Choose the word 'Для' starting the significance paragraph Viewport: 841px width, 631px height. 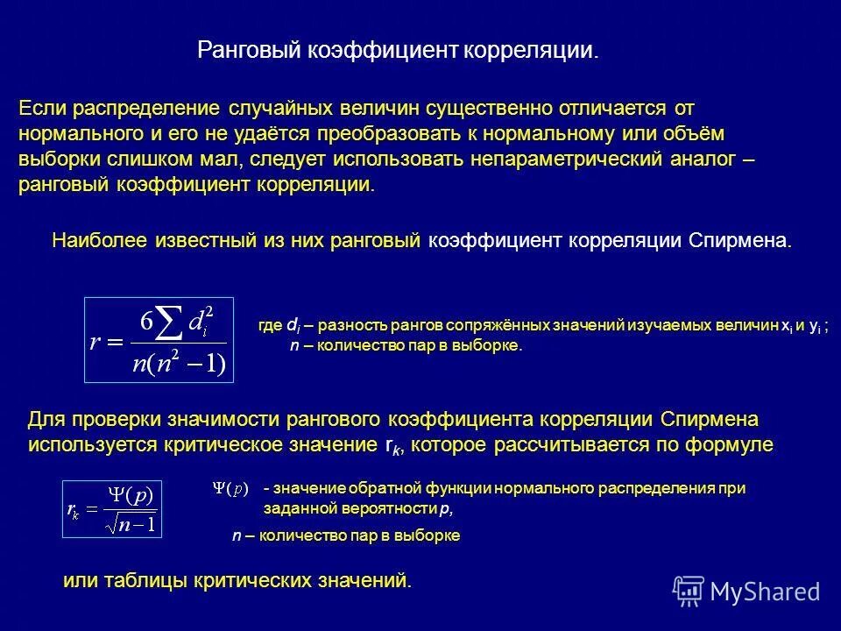click(x=46, y=419)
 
